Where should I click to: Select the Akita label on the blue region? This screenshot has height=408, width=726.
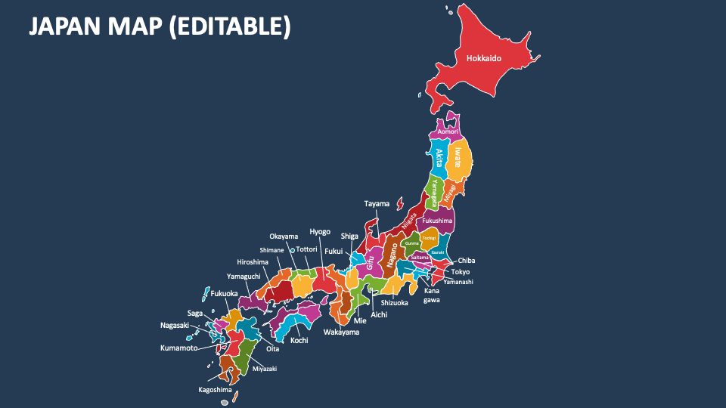click(x=439, y=157)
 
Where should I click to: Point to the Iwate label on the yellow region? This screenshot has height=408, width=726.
click(x=458, y=156)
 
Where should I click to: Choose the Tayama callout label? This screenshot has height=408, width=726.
click(x=377, y=204)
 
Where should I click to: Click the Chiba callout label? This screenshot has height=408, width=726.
click(x=467, y=261)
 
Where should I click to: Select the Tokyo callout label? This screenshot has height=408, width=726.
click(x=461, y=272)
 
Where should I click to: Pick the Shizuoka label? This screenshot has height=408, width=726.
click(x=394, y=303)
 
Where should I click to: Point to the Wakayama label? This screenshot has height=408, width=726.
click(x=341, y=332)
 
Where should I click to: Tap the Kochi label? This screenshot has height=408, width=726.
click(x=299, y=341)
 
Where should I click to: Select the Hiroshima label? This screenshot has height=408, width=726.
click(x=253, y=262)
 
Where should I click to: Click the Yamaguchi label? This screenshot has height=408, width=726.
click(x=244, y=277)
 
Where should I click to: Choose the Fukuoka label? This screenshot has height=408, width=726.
click(x=224, y=293)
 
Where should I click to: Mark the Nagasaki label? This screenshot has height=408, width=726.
click(x=175, y=326)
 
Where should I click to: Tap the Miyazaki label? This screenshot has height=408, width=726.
click(x=265, y=369)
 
